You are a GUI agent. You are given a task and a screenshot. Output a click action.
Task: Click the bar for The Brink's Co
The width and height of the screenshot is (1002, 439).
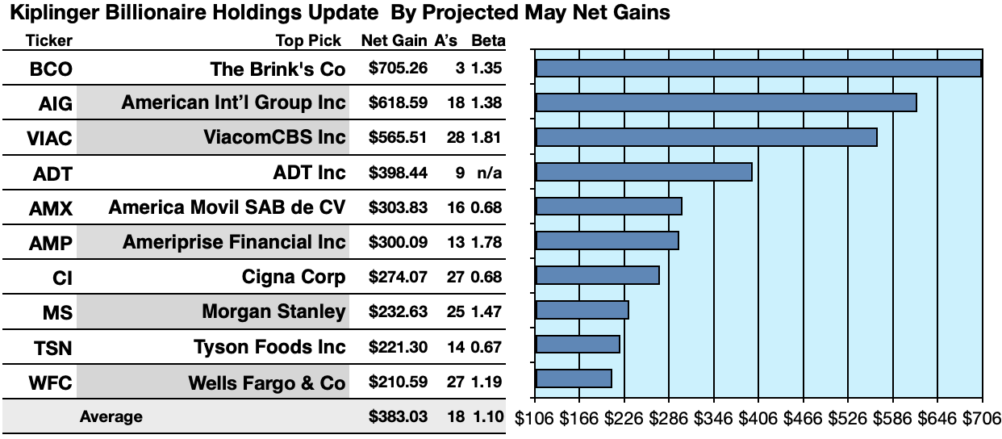[758, 69]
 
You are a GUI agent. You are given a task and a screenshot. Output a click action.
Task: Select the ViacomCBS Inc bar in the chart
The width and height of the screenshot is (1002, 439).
[706, 137]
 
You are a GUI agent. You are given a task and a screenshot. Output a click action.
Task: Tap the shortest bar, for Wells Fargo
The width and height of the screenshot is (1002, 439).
[573, 378]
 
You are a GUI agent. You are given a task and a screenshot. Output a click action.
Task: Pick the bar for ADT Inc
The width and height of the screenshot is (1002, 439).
[643, 172]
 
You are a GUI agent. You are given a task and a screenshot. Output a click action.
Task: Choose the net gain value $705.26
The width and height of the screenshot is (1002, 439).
[397, 69]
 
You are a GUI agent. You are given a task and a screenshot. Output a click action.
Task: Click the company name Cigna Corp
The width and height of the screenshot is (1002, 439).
[294, 278]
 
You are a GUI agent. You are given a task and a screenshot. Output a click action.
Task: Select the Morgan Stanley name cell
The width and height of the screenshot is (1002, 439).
[273, 311]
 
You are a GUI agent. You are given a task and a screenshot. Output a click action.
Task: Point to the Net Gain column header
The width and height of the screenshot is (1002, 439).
[395, 41]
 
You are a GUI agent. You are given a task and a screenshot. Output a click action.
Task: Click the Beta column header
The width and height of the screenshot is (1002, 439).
[487, 41]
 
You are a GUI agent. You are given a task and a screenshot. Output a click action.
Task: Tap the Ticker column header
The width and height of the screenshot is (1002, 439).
[49, 41]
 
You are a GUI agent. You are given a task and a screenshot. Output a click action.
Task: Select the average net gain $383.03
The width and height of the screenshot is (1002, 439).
[397, 417]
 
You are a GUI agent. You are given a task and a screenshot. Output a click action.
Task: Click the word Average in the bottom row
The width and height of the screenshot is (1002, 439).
[111, 417]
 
